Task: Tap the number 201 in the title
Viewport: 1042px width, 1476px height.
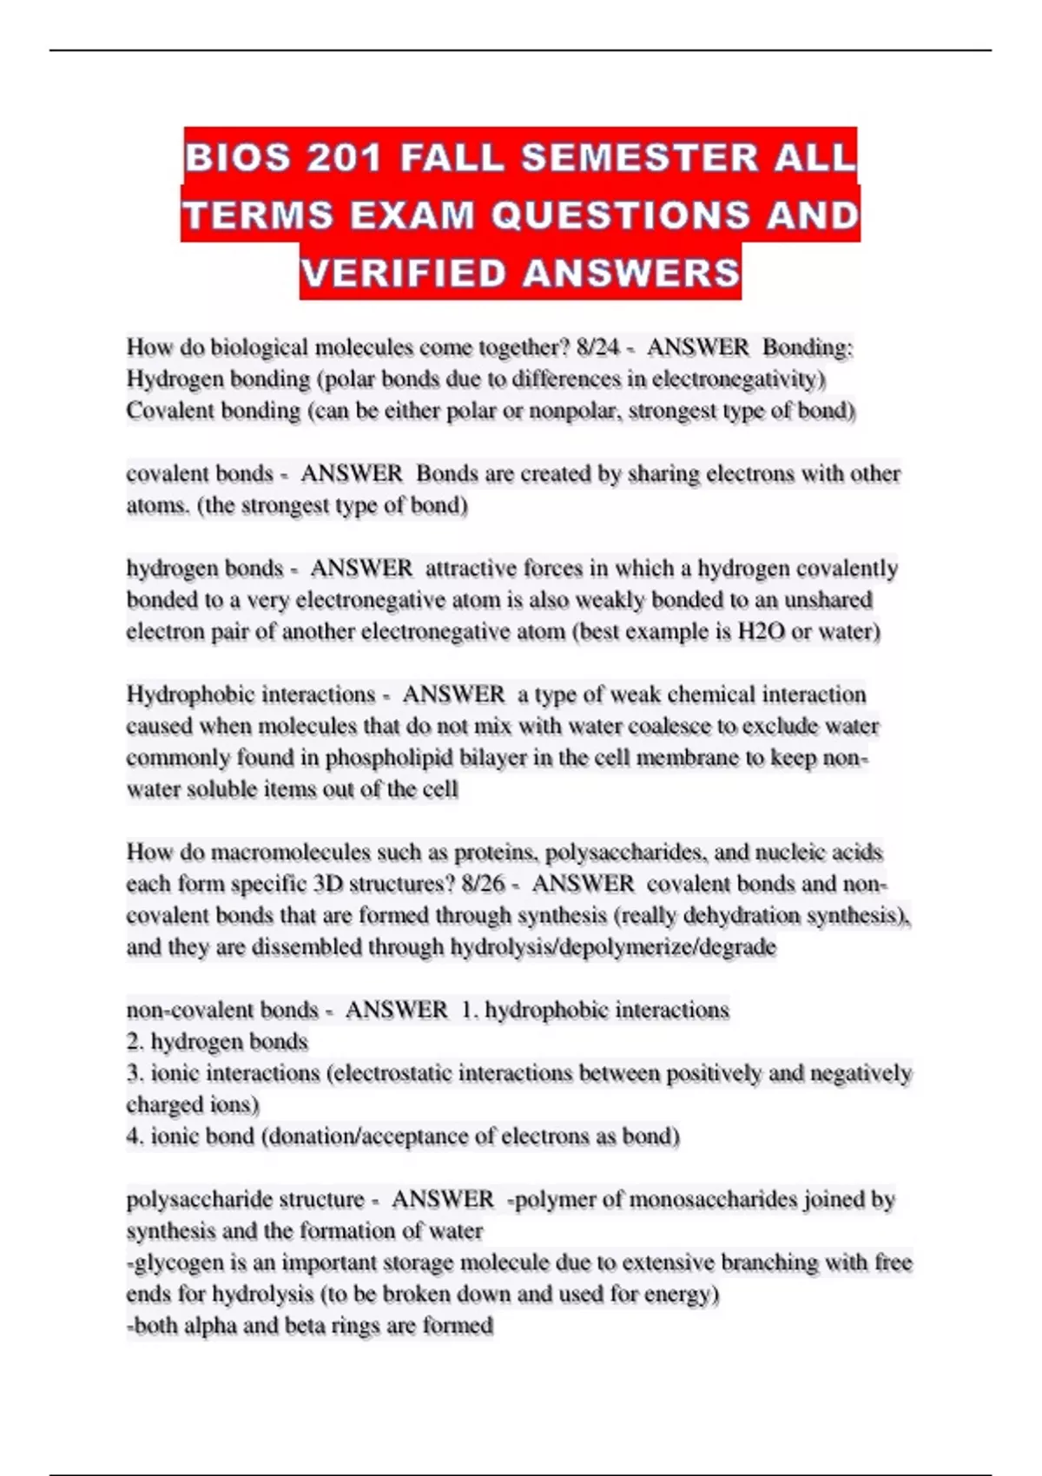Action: pos(344,158)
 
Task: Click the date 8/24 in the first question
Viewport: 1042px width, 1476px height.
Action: pos(597,347)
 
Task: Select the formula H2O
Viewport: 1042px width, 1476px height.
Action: pos(761,631)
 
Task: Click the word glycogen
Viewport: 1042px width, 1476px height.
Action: pos(169,1262)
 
